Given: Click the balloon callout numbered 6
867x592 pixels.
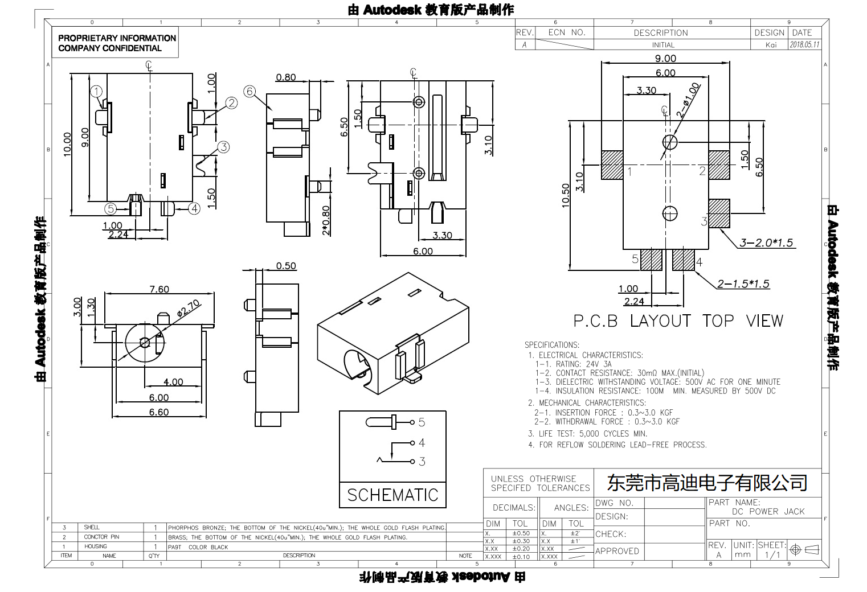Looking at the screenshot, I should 250,92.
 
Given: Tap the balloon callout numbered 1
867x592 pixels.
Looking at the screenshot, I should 97,92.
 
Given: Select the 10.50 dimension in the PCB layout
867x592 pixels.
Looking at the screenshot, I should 566,195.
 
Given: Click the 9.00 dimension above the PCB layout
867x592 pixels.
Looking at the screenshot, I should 665,59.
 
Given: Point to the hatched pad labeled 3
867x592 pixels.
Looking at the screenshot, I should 719,213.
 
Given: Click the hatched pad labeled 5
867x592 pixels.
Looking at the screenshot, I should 651,260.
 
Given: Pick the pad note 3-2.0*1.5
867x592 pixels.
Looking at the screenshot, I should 766,243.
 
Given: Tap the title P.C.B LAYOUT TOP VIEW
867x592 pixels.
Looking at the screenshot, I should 678,321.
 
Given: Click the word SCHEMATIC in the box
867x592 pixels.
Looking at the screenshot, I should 392,495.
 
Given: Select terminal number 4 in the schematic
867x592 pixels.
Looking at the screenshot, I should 422,442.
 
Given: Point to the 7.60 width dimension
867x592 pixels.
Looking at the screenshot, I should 159,289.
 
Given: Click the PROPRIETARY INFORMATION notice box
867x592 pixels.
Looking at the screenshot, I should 117,43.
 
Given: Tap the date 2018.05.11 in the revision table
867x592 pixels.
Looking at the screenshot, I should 804,45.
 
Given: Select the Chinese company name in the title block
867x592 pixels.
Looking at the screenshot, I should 707,483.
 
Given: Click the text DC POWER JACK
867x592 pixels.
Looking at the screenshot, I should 768,511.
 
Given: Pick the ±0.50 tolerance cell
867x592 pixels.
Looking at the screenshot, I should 521,533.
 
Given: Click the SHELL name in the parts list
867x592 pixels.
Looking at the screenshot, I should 92,528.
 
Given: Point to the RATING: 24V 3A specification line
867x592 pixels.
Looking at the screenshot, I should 573,364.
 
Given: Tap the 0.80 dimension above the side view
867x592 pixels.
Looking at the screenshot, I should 286,77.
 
